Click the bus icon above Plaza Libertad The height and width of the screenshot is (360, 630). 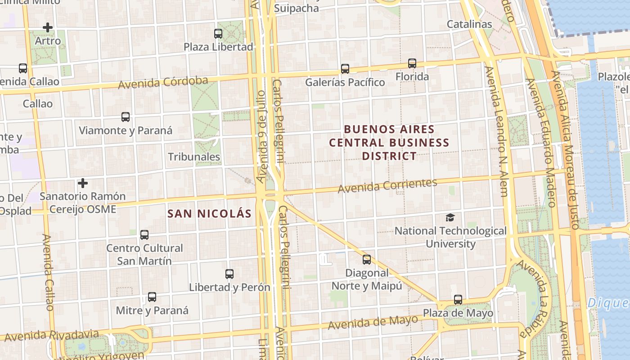[x=218, y=33]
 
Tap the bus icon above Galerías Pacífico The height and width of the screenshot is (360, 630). [x=345, y=69]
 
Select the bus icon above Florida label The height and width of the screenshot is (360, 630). [x=412, y=63]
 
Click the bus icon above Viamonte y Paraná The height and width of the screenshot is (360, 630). [x=126, y=117]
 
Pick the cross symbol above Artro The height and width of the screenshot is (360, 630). [x=48, y=27]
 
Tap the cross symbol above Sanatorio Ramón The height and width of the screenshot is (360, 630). [x=83, y=183]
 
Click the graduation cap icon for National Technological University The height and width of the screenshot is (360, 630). [x=450, y=218]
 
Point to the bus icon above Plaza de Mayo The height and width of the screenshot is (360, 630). [x=458, y=300]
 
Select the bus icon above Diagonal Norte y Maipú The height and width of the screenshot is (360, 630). [x=367, y=260]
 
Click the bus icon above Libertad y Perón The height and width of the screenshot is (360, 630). [x=229, y=274]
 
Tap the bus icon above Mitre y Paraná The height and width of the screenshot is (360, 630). [x=152, y=297]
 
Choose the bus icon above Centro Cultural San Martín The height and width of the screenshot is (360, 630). [x=144, y=235]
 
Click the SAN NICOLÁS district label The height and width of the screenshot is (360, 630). [x=209, y=214]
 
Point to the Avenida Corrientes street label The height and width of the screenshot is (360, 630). [x=387, y=185]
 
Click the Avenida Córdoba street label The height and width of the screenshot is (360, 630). [x=163, y=83]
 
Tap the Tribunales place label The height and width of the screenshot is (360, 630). [x=194, y=157]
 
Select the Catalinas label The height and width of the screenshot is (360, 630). [x=469, y=24]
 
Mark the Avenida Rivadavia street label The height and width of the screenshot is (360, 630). [x=52, y=335]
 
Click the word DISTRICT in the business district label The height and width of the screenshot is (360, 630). [x=389, y=156]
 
